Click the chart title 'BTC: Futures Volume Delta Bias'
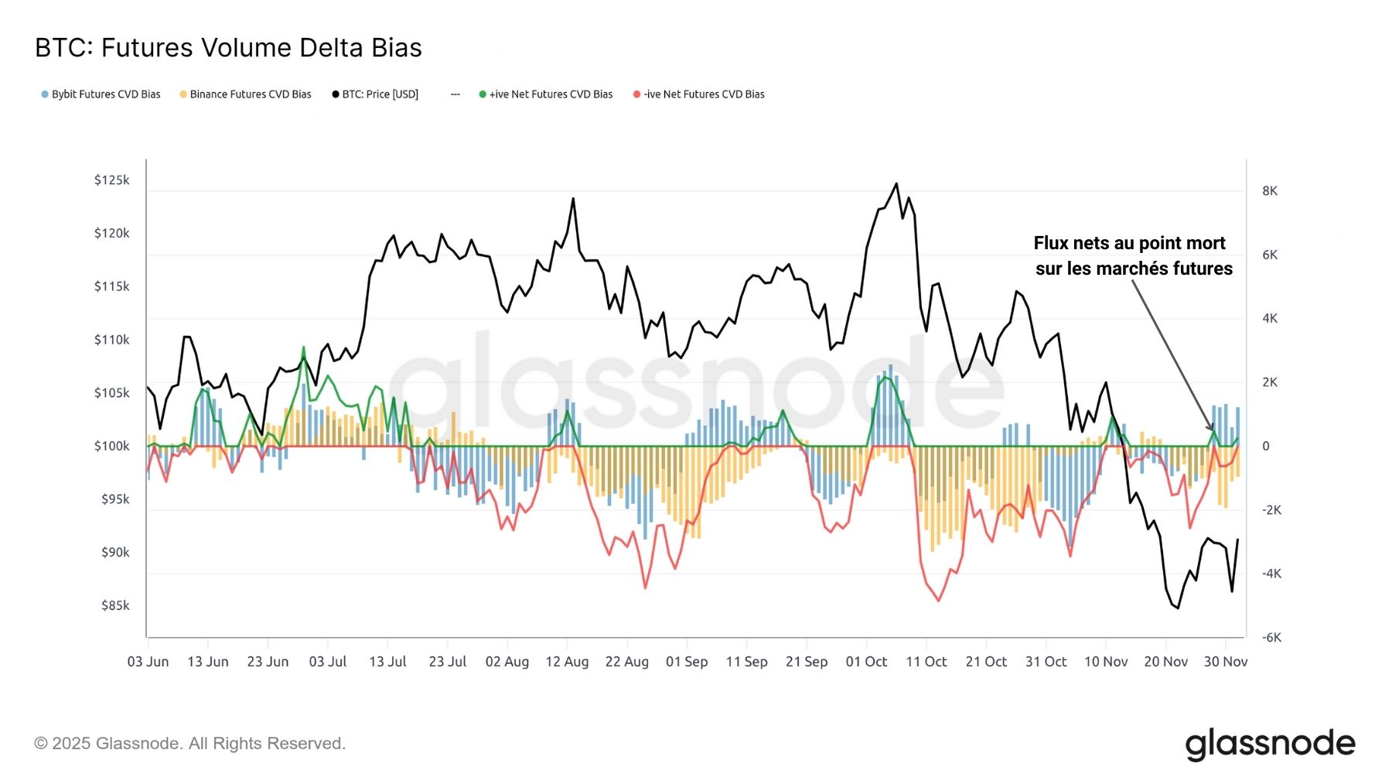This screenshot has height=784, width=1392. coord(228,48)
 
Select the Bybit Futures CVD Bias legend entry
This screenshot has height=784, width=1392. coord(101,94)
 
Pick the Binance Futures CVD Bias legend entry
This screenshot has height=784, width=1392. coord(246,94)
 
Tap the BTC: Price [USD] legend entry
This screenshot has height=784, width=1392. coord(376,94)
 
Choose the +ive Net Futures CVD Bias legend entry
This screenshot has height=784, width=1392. coord(546,94)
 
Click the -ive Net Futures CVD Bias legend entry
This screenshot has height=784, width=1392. coord(699,94)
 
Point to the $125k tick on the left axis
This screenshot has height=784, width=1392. coord(111,180)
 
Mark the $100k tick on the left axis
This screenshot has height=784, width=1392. coord(111,446)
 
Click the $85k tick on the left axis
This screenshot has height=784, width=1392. coord(114,605)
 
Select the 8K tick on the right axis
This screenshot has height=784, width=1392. coord(1270,191)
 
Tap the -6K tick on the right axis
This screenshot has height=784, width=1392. coord(1271,638)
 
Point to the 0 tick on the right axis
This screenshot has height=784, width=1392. coord(1266,446)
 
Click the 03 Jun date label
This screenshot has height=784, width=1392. coord(148,662)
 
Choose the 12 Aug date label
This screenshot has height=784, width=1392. coord(567,662)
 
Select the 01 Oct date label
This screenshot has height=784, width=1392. coord(866,662)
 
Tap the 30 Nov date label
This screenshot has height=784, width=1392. coord(1226,662)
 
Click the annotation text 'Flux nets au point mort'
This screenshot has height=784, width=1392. coord(1129,244)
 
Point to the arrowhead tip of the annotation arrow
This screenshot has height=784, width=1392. coord(1213,430)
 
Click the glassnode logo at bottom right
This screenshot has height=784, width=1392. coord(1270,744)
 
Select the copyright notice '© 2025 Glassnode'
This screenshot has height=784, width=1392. coord(189,744)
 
